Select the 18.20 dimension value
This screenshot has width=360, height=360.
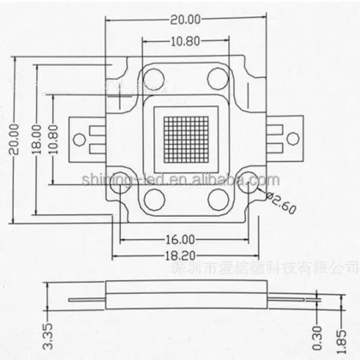(x=181, y=255)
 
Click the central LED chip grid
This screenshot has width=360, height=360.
(x=181, y=139)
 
